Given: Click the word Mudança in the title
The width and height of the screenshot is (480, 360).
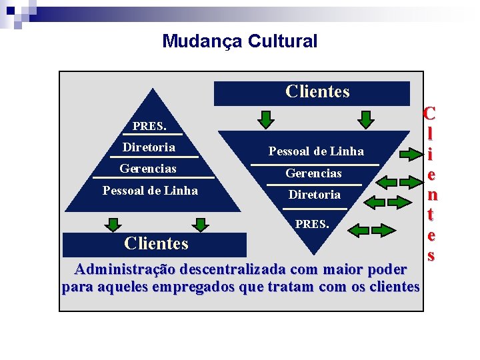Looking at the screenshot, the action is coord(202,41).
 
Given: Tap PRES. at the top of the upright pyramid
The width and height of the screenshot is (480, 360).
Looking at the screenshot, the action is coord(149,126).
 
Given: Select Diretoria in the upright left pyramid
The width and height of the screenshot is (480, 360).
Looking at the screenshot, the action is coord(149,147).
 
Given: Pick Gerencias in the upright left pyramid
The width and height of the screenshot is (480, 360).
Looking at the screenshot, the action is coord(148,169).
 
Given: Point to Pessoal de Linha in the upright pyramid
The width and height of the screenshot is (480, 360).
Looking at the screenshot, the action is coord(150,191).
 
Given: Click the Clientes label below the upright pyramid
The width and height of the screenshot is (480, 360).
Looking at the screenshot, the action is coord(156,244).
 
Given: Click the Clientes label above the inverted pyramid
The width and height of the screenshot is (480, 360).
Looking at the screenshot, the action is coord(317,92).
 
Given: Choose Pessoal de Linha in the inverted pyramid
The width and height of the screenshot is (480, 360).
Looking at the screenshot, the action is coord(316,151).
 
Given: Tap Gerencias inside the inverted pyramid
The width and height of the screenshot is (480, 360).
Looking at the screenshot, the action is coord(313,173).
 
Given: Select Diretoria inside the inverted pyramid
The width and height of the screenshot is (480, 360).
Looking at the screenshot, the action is coord(314,195).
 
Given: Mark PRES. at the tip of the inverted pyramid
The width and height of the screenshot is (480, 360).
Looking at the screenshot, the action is coord(311,225).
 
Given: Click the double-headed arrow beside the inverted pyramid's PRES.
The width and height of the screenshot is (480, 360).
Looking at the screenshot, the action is coord(369,230).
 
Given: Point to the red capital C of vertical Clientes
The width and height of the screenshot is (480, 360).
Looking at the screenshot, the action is coord(429,113).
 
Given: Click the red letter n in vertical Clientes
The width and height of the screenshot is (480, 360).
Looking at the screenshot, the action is coord(432,195).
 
